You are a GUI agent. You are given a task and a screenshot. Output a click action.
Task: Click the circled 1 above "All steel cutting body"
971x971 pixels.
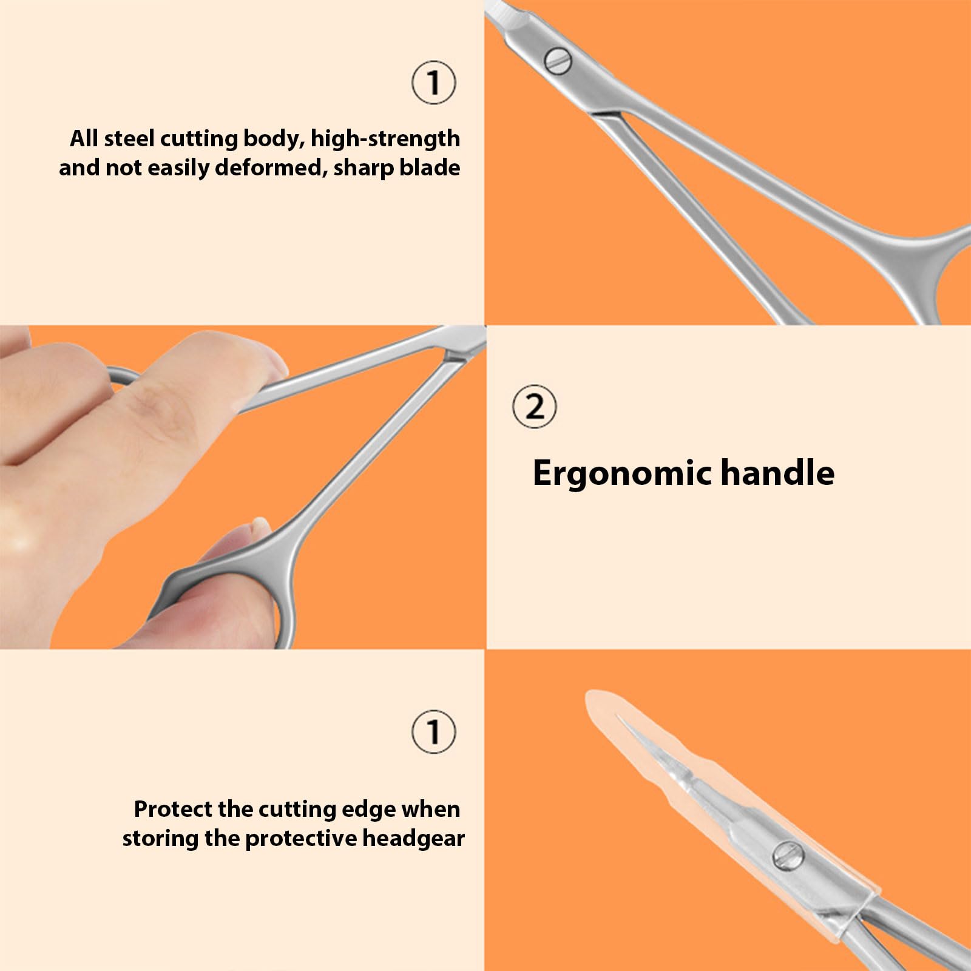[x=433, y=83]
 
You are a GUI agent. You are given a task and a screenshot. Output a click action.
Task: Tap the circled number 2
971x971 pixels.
[x=534, y=407]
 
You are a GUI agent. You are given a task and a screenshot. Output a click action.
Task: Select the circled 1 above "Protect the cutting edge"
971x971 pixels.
[x=433, y=731]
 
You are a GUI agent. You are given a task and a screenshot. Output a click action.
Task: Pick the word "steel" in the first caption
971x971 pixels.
[x=129, y=138]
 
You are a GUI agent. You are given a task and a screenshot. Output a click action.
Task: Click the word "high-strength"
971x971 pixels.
[x=385, y=139]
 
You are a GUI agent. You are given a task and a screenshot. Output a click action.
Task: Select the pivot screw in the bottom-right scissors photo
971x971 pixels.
[x=788, y=856]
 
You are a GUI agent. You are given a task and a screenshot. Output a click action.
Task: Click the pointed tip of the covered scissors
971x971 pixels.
[x=619, y=717]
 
